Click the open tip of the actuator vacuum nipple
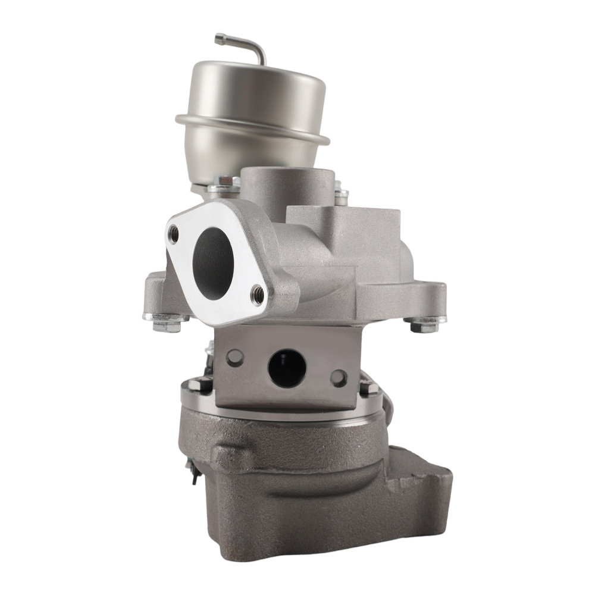tap(218, 38)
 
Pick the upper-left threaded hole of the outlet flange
tap(173, 234)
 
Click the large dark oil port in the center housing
tap(287, 368)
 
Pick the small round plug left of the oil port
tap(235, 357)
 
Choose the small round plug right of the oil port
tap(339, 377)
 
